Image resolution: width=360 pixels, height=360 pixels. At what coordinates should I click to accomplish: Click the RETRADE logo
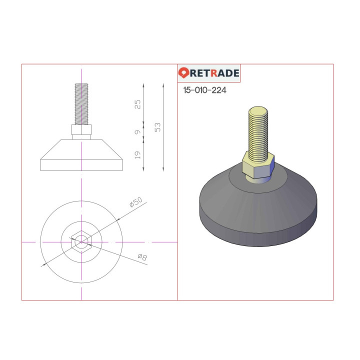[209, 73]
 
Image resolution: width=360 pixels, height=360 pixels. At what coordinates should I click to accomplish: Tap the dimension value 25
[138, 103]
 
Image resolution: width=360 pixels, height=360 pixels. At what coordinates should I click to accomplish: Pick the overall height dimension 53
[158, 127]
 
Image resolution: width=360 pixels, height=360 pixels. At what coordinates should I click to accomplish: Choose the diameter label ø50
[136, 201]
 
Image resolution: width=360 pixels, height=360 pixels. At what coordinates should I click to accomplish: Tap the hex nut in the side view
[81, 130]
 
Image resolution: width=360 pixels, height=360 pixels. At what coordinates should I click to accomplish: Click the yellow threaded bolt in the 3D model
[257, 130]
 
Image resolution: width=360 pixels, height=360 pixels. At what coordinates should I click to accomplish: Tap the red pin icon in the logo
[183, 73]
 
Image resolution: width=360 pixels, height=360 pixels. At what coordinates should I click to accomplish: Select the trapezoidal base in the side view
[81, 155]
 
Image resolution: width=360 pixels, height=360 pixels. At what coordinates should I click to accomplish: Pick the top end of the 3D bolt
[257, 109]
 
